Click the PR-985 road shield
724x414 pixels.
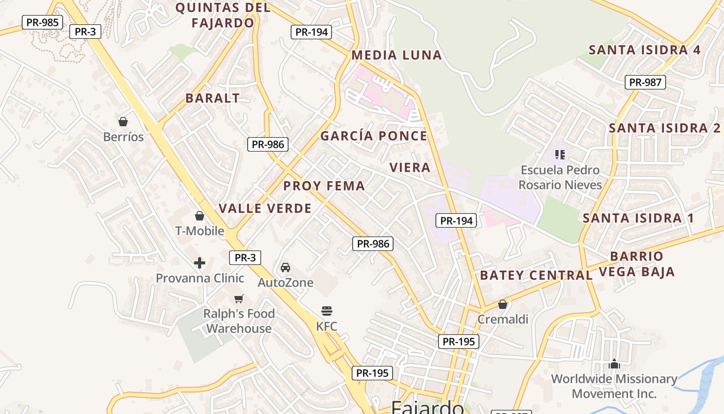(x=42, y=22)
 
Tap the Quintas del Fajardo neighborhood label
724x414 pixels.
(x=223, y=15)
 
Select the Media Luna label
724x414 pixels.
(x=397, y=55)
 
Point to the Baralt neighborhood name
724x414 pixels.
(x=213, y=98)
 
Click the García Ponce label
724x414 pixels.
(x=374, y=136)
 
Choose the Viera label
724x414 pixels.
(x=410, y=167)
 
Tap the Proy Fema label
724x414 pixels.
(x=324, y=186)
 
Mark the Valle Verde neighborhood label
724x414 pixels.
(x=265, y=209)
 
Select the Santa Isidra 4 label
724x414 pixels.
(x=645, y=50)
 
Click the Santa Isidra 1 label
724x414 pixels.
(x=639, y=218)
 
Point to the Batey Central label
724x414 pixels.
(x=536, y=275)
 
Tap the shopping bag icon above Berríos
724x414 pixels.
(x=123, y=122)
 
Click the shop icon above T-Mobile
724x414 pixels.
(x=200, y=216)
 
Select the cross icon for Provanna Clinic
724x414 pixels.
(x=200, y=263)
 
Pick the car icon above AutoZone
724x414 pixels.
(x=285, y=268)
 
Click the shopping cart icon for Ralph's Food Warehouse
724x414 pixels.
(x=239, y=299)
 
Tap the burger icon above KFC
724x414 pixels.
(x=327, y=311)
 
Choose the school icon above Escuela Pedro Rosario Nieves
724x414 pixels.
(x=560, y=154)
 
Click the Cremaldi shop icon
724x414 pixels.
(x=503, y=304)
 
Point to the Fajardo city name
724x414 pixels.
(x=427, y=407)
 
